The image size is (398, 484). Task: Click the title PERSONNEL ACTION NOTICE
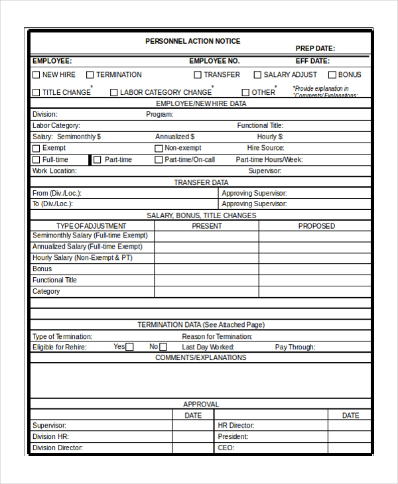pos(192,41)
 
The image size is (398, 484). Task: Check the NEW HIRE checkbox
pos(36,75)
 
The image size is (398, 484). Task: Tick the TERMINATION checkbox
pos(90,75)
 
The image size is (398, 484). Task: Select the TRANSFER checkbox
pos(198,75)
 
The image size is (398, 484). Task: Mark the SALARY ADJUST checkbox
pos(257,75)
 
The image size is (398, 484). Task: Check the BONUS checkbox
pos(332,75)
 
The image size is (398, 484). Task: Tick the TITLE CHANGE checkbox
pos(36,93)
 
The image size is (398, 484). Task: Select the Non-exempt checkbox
pos(159,149)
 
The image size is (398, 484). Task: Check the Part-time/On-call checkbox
pos(159,160)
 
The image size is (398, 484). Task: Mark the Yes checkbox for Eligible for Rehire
pos(129,347)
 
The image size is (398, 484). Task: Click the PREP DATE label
pos(315,48)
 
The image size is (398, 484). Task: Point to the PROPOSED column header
pos(316,226)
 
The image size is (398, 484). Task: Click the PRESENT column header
pos(206,226)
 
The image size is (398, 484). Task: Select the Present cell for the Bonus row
pos(206,269)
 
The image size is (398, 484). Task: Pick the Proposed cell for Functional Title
pos(314,280)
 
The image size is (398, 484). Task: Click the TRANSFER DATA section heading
pos(201,182)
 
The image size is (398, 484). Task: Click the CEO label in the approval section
pos(226,448)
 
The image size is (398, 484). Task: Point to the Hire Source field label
pos(265,149)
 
